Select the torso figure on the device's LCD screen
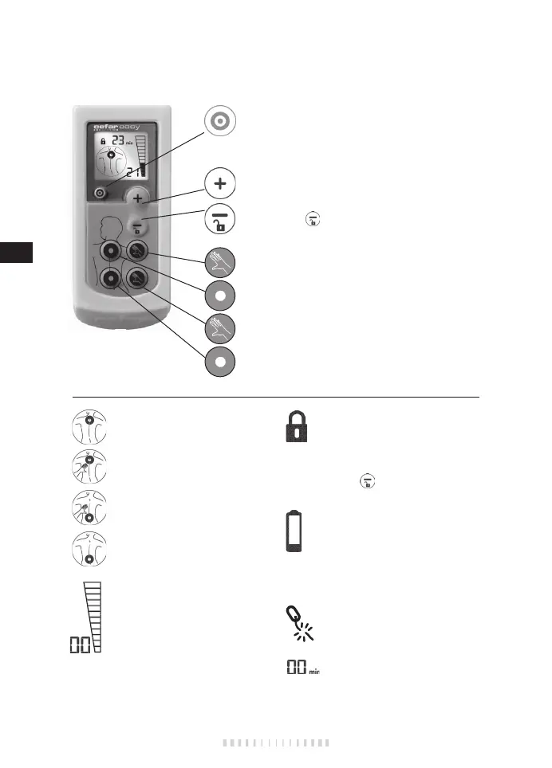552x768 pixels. click(112, 163)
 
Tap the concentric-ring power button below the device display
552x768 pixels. click(99, 193)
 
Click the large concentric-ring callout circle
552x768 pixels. click(219, 121)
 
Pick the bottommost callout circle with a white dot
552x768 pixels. click(219, 361)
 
